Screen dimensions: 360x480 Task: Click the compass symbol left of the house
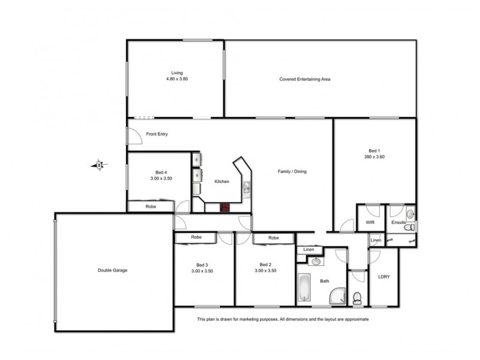point(98,164)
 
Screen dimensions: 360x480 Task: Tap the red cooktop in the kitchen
point(226,208)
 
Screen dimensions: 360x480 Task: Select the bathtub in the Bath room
point(304,288)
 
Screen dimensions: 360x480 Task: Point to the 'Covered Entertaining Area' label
point(305,79)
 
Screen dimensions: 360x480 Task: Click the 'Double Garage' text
point(112,270)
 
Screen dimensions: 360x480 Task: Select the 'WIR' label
point(370,223)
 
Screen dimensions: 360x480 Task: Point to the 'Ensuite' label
point(399,223)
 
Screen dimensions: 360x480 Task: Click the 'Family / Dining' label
point(292,172)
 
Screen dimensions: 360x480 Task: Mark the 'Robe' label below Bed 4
point(151,206)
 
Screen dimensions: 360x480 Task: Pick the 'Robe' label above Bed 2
point(274,238)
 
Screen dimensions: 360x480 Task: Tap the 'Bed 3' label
point(202,265)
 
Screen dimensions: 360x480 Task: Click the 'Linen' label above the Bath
point(309,250)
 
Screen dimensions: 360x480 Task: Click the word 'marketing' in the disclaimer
point(250,320)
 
